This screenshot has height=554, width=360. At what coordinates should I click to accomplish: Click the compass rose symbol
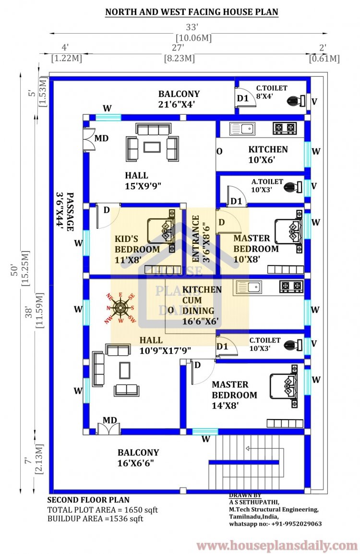coord(120,308)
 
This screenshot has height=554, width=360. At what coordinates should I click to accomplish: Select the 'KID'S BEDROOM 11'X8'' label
coord(137,244)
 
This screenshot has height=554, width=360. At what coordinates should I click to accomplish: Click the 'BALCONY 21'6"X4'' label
coord(179,99)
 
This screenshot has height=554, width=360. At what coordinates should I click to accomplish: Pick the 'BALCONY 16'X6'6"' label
coord(138,458)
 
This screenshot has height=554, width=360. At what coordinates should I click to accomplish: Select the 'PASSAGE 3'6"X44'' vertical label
coord(66,212)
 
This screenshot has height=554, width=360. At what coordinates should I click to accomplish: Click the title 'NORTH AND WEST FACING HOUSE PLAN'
coord(192,12)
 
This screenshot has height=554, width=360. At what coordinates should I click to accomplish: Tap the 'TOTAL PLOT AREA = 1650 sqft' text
coord(102,510)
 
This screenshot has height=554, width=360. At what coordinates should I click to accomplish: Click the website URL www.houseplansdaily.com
coord(277,545)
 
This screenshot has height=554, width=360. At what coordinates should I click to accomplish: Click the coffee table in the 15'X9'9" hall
coord(152,147)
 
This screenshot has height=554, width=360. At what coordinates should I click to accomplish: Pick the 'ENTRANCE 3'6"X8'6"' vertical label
coord(200,238)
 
